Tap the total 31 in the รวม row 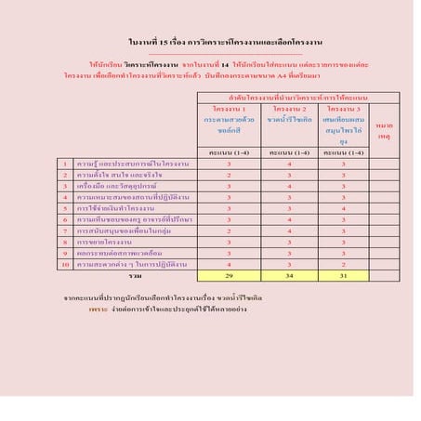pyautogui.click(x=342, y=276)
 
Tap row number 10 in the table pyautogui.click(x=64, y=264)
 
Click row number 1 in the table pyautogui.click(x=64, y=163)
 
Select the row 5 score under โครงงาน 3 pyautogui.click(x=342, y=208)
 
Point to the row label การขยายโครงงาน pyautogui.click(x=103, y=242)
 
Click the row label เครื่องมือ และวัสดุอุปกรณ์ pyautogui.click(x=115, y=186)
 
